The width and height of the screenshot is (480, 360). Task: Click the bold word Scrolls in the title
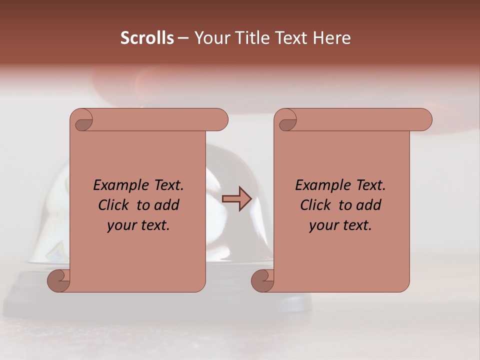click(147, 38)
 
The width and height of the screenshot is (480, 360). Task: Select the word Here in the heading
click(332, 38)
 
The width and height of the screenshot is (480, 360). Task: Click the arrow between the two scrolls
click(237, 199)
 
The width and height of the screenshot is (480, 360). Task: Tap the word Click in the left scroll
click(114, 205)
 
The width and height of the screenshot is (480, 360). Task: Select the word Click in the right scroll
click(316, 205)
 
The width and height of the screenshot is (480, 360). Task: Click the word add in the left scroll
click(167, 205)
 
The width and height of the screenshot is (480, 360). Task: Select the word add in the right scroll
click(369, 205)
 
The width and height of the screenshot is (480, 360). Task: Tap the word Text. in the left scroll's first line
click(167, 185)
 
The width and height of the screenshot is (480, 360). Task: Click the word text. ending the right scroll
click(356, 225)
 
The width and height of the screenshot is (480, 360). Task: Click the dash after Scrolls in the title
click(183, 38)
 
